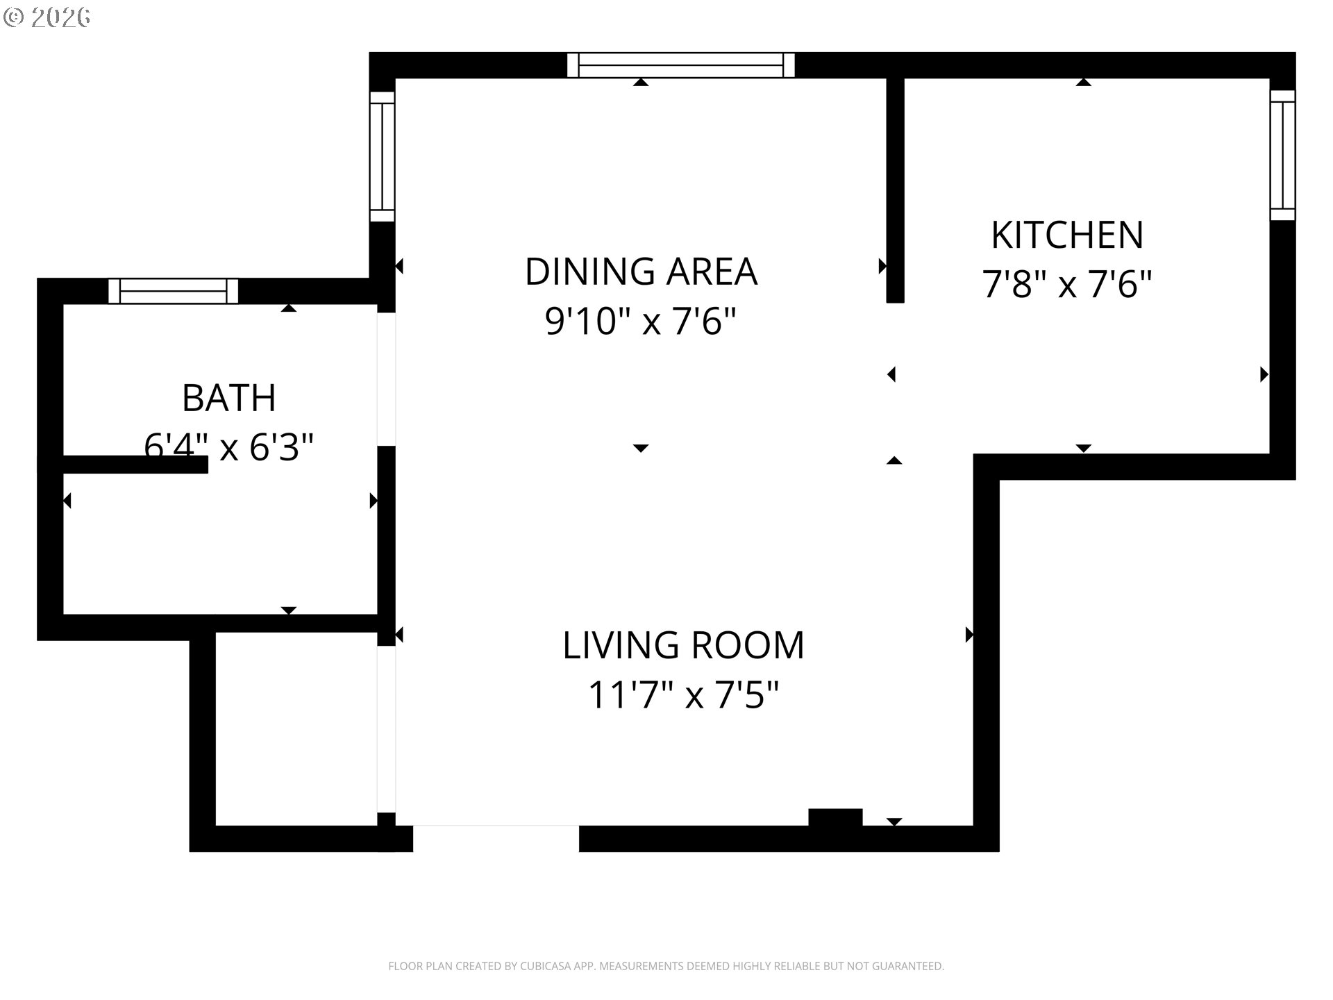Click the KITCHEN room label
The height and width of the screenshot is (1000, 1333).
(x=1066, y=235)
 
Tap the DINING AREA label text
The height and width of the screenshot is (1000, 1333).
(x=640, y=271)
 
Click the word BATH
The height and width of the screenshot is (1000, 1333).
(x=229, y=398)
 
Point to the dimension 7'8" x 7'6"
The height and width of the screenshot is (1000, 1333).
(x=1066, y=284)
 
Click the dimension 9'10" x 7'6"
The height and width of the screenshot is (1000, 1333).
(x=640, y=321)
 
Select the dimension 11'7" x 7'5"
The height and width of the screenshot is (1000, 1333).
(x=683, y=694)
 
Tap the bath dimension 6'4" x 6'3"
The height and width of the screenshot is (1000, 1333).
(x=229, y=447)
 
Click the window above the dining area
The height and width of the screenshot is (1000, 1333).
(x=680, y=65)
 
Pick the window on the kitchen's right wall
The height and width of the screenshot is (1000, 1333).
(x=1282, y=156)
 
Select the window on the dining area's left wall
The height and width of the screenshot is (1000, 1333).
(x=382, y=156)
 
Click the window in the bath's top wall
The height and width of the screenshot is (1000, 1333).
(x=173, y=291)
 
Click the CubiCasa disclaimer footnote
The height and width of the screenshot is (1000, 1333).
(x=666, y=966)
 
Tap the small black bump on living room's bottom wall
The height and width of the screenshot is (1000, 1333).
(x=835, y=817)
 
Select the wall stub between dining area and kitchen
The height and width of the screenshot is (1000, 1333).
(x=895, y=191)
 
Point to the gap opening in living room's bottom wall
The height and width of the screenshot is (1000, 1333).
(x=496, y=838)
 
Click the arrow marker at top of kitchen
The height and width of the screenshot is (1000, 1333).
(x=1083, y=83)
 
